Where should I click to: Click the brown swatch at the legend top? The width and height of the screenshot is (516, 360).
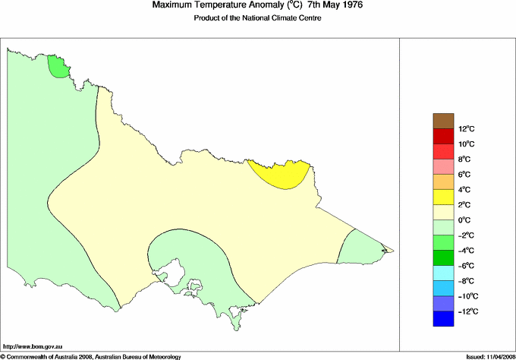tap(443, 121)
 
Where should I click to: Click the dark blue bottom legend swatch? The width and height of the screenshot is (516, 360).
tap(443, 319)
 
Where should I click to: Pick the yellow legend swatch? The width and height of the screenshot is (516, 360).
tap(443, 197)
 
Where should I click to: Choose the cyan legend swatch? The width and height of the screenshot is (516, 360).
tap(443, 273)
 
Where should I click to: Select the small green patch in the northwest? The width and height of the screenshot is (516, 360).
tap(57, 67)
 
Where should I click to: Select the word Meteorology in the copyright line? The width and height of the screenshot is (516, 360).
tap(162, 355)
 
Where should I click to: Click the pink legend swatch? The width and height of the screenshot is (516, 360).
tap(443, 167)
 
